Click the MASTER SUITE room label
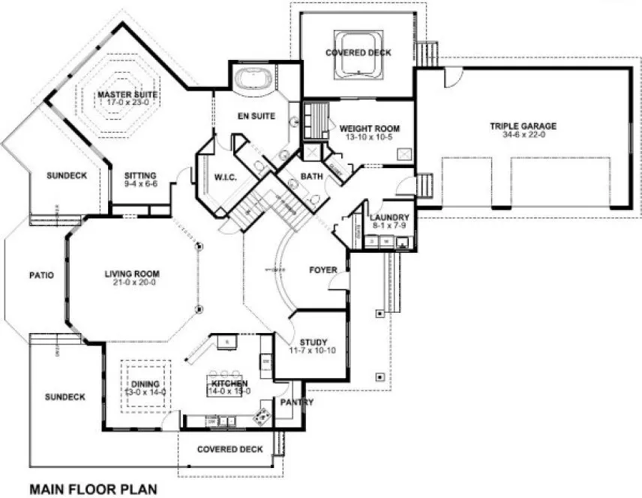coord(127,94)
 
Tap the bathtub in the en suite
coord(255,79)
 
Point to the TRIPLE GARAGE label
coord(523,126)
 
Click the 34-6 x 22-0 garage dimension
coord(523,136)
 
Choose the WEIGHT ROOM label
coord(369,128)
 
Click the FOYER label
coord(324,269)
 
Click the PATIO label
coord(41,274)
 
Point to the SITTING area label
coord(140,175)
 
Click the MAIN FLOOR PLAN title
coord(93,489)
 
